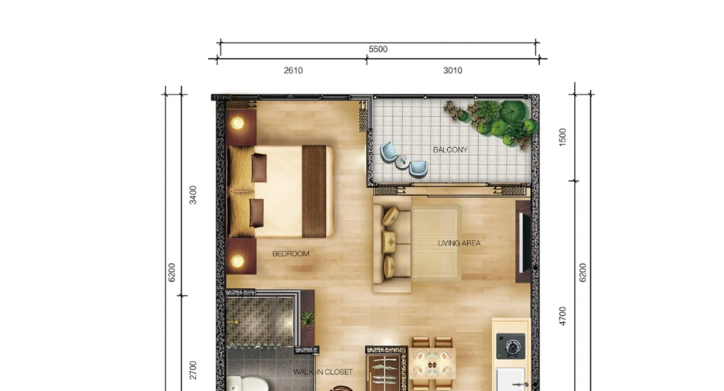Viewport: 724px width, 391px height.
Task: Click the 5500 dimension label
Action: click(377, 49)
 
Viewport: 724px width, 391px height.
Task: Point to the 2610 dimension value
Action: click(293, 70)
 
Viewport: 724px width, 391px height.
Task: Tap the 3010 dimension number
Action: click(452, 70)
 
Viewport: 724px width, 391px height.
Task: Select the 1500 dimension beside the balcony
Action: click(562, 137)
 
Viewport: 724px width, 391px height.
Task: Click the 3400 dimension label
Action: click(193, 195)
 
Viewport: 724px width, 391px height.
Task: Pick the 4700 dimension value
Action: click(562, 316)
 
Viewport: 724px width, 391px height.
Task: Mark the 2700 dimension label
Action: click(193, 370)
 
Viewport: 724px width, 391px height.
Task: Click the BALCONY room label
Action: click(450, 149)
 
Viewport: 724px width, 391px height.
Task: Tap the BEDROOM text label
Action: click(291, 254)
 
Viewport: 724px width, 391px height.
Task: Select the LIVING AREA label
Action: click(459, 243)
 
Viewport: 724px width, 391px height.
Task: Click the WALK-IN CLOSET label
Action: click(323, 372)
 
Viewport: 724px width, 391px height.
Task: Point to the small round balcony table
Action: click(402, 161)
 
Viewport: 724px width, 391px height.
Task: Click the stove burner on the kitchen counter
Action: click(511, 346)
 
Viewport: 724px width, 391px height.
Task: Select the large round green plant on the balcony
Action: click(513, 111)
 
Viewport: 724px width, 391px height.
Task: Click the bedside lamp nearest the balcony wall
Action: click(237, 123)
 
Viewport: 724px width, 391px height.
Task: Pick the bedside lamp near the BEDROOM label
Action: click(237, 261)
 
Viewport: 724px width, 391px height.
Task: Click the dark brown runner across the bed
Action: click(314, 191)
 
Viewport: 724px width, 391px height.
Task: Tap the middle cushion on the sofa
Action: click(389, 242)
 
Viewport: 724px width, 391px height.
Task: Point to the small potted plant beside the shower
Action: click(307, 318)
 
